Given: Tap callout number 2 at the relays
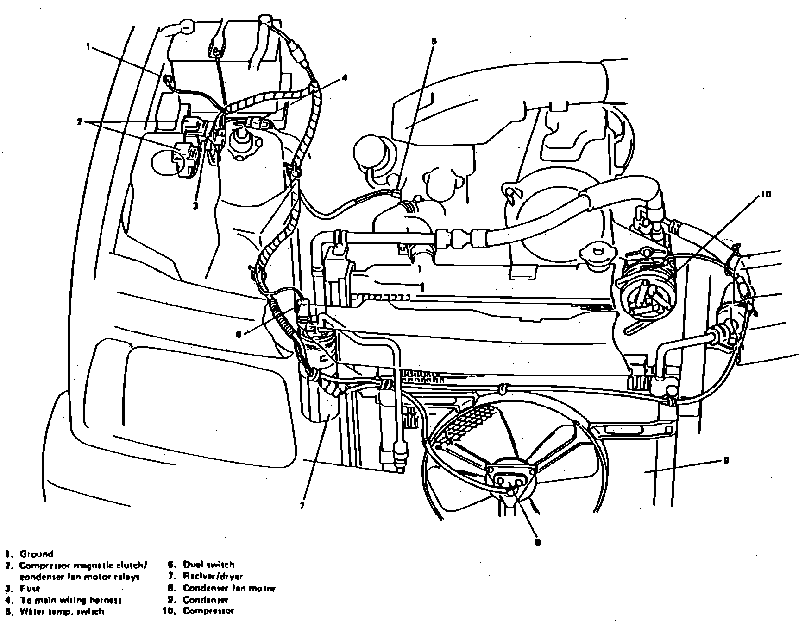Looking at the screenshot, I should click(80, 122).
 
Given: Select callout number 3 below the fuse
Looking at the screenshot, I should click(195, 206).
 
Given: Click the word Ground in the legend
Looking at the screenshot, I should click(37, 554).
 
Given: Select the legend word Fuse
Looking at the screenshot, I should click(30, 589).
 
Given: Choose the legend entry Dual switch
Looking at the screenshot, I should click(208, 565).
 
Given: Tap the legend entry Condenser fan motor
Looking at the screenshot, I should click(229, 589).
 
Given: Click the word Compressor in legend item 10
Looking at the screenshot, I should click(208, 611).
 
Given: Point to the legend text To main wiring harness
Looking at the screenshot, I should click(70, 600).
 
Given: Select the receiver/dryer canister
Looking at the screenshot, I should click(319, 371).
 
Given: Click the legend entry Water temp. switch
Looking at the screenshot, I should click(62, 611).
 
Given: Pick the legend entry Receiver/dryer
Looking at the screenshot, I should click(213, 577).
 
